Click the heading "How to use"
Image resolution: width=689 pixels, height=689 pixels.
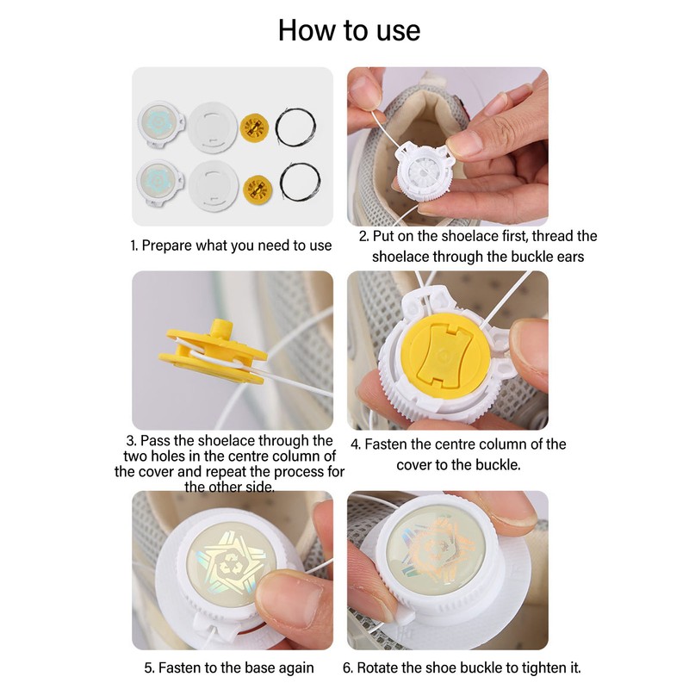pyautogui.click(x=350, y=30)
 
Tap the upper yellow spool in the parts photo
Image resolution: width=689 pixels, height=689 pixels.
pyautogui.click(x=254, y=127)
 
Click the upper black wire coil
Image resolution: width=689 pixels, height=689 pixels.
pyautogui.click(x=295, y=127)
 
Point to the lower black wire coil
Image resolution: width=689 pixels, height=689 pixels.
pyautogui.click(x=300, y=182)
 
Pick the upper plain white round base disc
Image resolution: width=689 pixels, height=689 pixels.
pyautogui.click(x=213, y=127)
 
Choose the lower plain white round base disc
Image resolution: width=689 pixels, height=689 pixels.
pyautogui.click(x=214, y=185)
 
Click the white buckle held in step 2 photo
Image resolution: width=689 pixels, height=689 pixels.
pyautogui.click(x=424, y=171)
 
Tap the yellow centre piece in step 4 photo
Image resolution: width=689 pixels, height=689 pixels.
pyautogui.click(x=445, y=356)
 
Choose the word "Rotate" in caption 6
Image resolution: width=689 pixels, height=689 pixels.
pyautogui.click(x=376, y=668)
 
